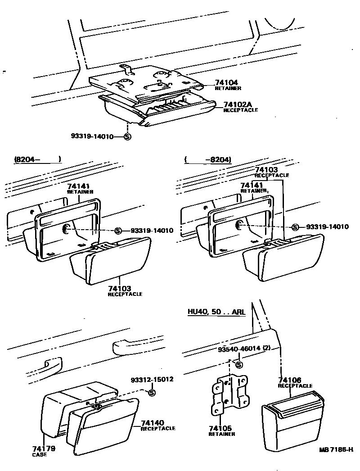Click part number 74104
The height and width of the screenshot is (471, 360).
[x=227, y=83]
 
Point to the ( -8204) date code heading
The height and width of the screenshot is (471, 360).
[x=207, y=159]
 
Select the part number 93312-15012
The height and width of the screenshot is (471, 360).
[x=152, y=380]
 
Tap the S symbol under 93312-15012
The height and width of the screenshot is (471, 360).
[x=152, y=393]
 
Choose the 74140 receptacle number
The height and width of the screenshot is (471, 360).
[x=152, y=422]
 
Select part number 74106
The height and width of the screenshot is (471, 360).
[x=290, y=380]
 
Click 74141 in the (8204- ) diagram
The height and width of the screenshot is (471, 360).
[x=79, y=186]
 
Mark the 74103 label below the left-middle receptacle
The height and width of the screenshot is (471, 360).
[x=119, y=288]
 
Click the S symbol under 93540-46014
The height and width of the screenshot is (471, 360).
[x=239, y=365]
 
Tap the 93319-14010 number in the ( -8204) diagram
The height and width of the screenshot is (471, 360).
[x=327, y=227]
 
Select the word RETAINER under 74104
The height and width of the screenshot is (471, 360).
[x=228, y=89]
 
